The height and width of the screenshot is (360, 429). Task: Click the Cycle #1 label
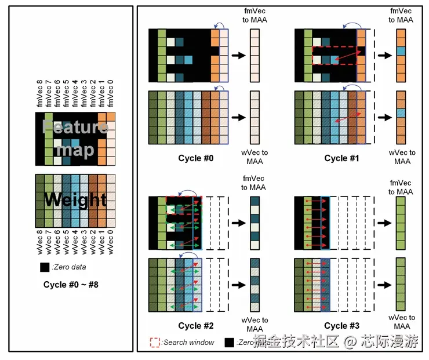coord(344,158)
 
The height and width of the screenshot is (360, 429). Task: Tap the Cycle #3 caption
coord(344,326)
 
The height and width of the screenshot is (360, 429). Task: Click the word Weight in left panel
coord(75,201)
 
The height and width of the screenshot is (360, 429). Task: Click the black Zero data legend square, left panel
coord(44,268)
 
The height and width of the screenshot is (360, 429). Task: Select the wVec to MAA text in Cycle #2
coord(256,324)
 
